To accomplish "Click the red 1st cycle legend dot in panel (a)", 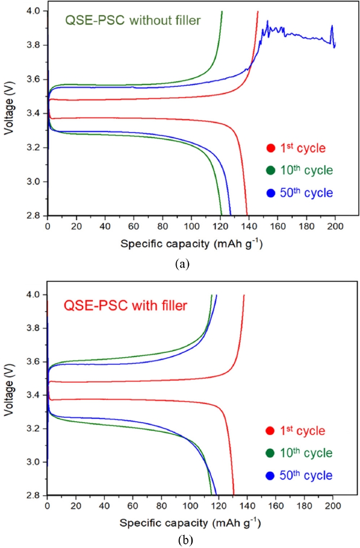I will click(x=271, y=149).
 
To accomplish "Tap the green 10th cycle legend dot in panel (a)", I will click(x=271, y=171).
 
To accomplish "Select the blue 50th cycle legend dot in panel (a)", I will click(x=271, y=193).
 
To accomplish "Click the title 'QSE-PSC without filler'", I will click(x=133, y=21).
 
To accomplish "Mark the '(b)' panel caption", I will click(x=182, y=541).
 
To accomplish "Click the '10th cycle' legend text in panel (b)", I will click(x=306, y=453).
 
